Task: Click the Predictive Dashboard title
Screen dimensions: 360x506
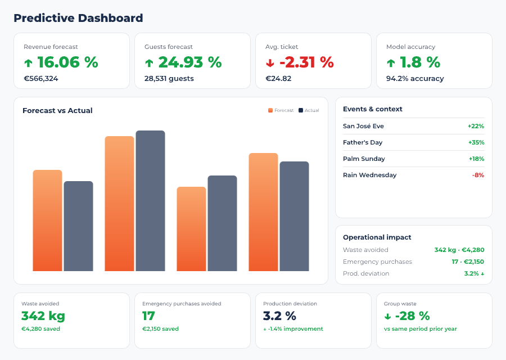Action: [78, 18]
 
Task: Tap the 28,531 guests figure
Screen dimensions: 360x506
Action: [169, 79]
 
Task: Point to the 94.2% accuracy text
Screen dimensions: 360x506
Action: [415, 79]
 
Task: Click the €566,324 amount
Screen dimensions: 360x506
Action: [40, 79]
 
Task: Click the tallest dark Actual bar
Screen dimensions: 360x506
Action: [150, 200]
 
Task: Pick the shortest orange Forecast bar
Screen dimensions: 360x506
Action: [191, 228]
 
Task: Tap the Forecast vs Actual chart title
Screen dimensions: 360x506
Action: [57, 111]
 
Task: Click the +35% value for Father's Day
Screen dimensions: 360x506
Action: [476, 142]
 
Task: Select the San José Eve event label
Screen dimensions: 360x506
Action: [363, 126]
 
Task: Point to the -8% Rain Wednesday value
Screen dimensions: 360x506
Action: [478, 175]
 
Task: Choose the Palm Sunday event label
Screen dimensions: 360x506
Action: [364, 159]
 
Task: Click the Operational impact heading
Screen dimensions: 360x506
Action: [377, 237]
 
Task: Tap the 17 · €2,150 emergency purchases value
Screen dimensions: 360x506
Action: [467, 262]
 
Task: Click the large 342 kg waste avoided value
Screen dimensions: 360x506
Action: [43, 316]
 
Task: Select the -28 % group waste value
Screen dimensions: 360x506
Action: [406, 316]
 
